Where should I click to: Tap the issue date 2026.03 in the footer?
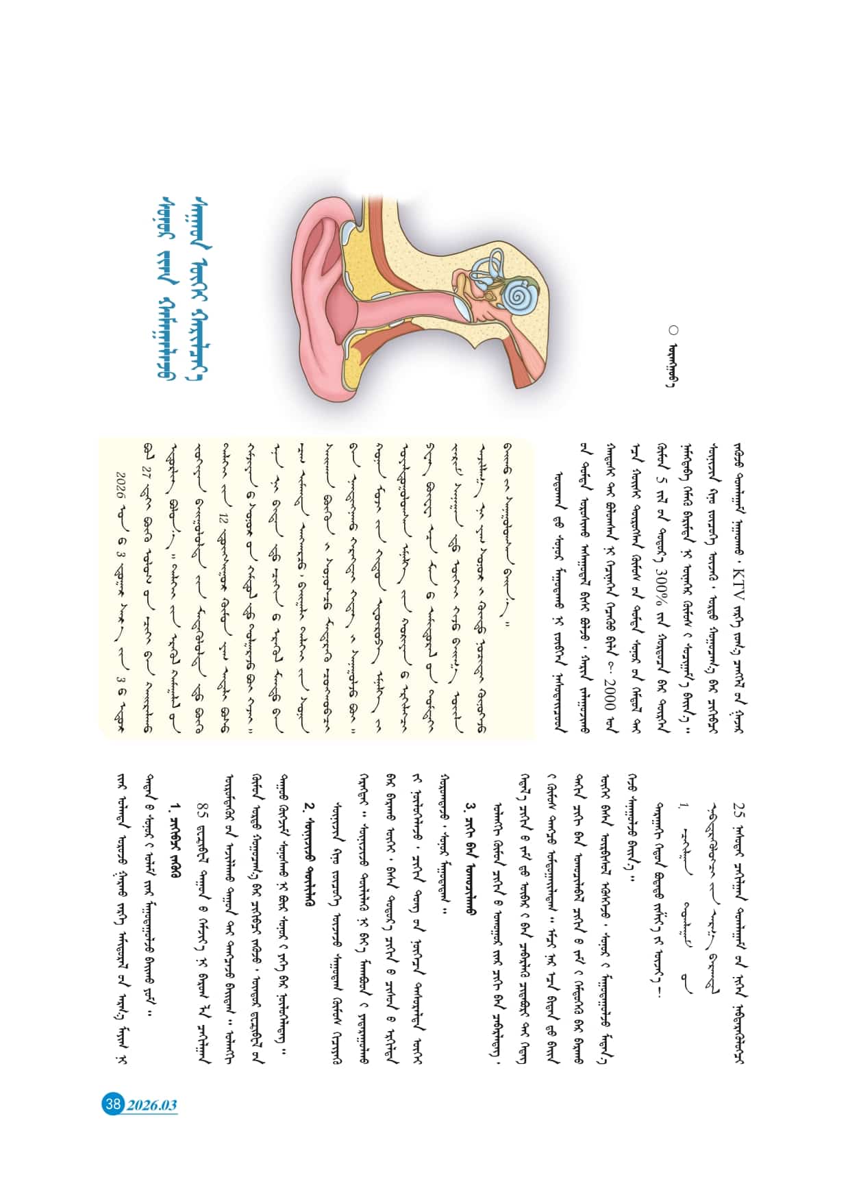coord(152,1104)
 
